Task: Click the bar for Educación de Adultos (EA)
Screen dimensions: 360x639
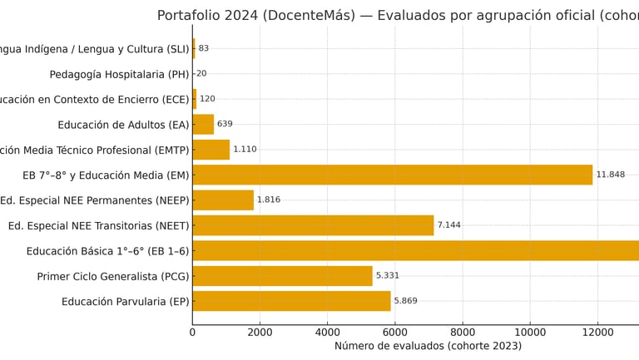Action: coord(203,125)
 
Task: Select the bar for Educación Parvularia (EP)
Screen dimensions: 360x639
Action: coord(291,301)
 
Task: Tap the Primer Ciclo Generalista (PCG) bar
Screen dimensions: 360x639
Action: coord(282,276)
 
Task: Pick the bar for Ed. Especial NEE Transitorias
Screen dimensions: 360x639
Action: coord(313,225)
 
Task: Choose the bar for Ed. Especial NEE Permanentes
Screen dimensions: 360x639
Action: coord(223,200)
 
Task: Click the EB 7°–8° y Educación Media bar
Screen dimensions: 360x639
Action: coord(392,175)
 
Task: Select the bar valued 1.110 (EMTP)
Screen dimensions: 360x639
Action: coord(211,150)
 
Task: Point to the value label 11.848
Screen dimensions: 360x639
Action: coord(610,175)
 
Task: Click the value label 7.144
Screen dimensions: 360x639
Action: coord(448,225)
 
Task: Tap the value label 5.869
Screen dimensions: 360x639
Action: coord(405,301)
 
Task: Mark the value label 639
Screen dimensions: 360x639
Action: coord(225,125)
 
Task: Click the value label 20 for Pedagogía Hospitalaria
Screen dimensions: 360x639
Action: coord(201,74)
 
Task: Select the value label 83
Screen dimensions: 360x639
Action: coord(204,48)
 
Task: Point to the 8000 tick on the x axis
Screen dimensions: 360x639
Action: coord(463,333)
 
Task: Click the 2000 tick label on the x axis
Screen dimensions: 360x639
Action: coord(260,333)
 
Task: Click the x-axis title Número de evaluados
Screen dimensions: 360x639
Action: coord(428,347)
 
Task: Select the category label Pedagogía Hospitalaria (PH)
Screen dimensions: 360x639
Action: coord(120,74)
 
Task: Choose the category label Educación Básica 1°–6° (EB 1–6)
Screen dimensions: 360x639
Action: coord(108,251)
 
